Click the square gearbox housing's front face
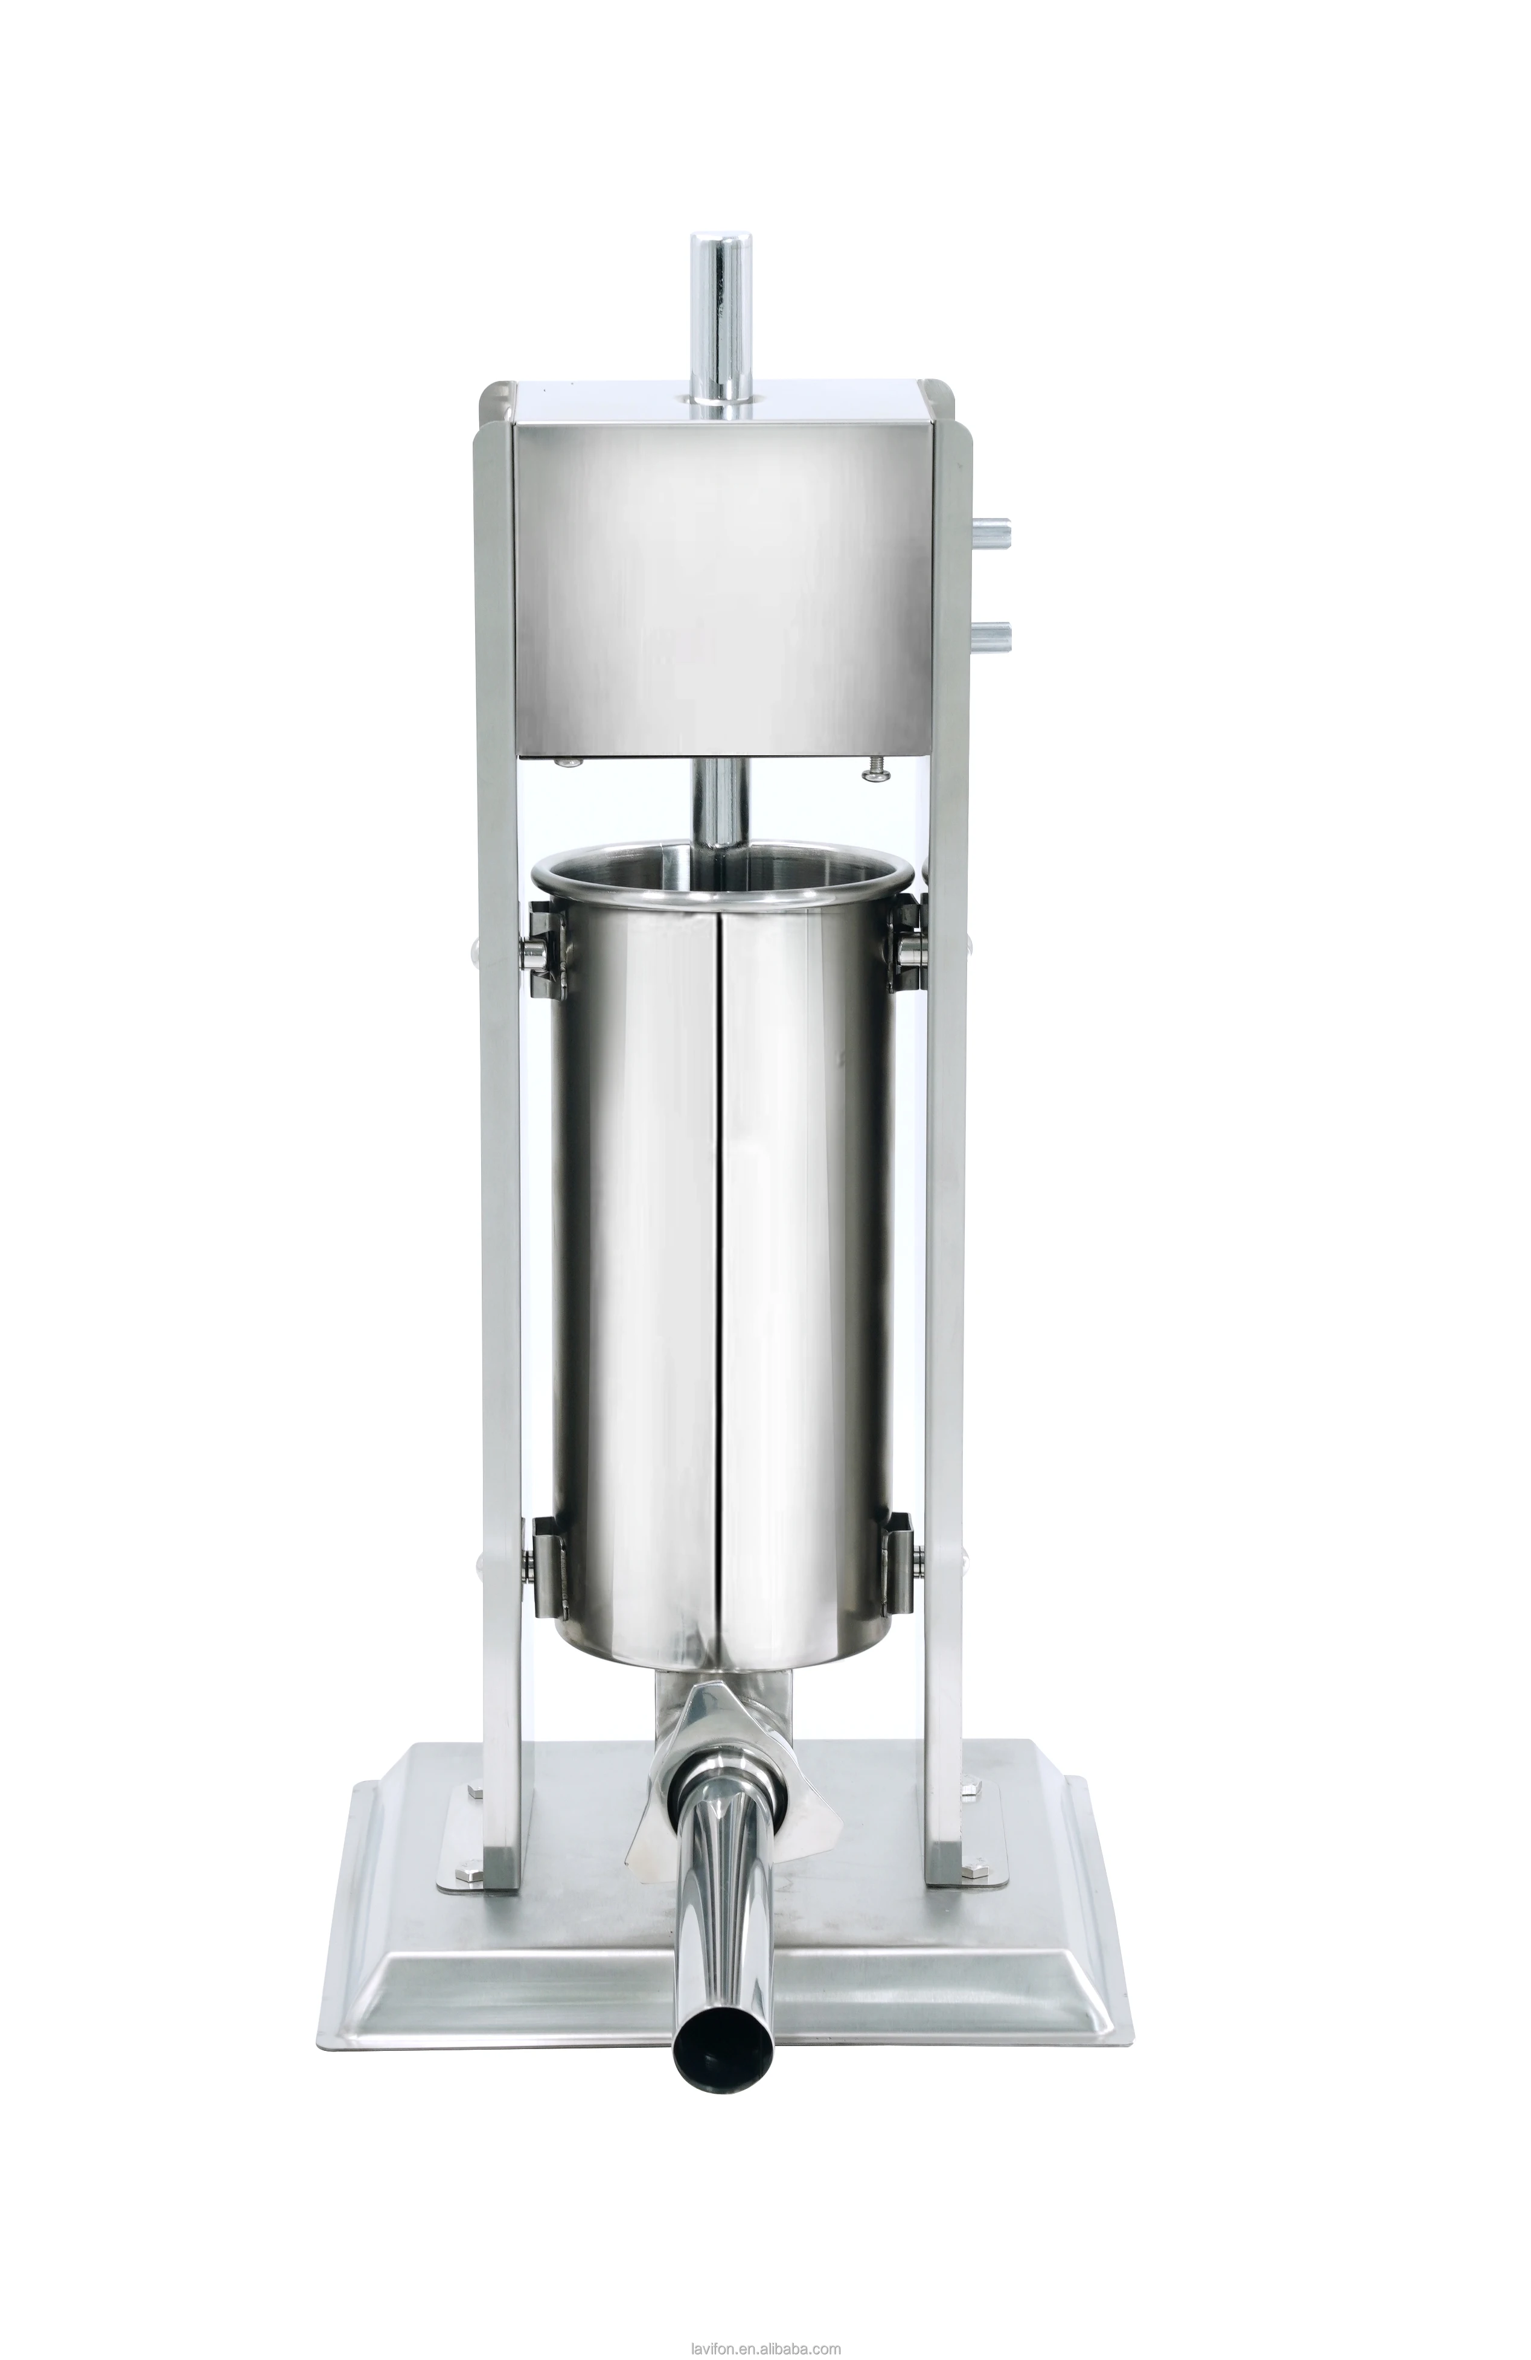[721, 585]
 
